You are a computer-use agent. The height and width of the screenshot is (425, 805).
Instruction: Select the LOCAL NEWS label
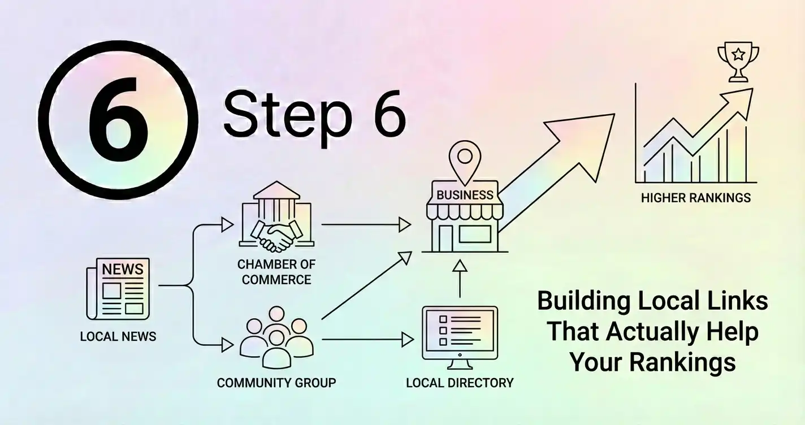click(x=118, y=337)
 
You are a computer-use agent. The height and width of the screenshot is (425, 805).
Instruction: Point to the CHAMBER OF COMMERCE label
click(x=276, y=272)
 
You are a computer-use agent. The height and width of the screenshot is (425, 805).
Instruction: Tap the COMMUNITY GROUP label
click(x=276, y=383)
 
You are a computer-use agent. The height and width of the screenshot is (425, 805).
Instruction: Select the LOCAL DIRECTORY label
click(x=460, y=383)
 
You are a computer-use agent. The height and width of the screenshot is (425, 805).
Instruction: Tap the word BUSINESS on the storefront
click(x=465, y=195)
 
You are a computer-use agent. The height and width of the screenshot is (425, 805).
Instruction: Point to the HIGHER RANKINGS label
click(x=695, y=198)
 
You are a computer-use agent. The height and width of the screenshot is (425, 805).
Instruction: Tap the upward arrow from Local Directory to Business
click(x=460, y=278)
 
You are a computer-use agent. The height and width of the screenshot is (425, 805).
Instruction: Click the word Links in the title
click(x=741, y=301)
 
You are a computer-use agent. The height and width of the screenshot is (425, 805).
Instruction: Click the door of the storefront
click(x=447, y=237)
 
